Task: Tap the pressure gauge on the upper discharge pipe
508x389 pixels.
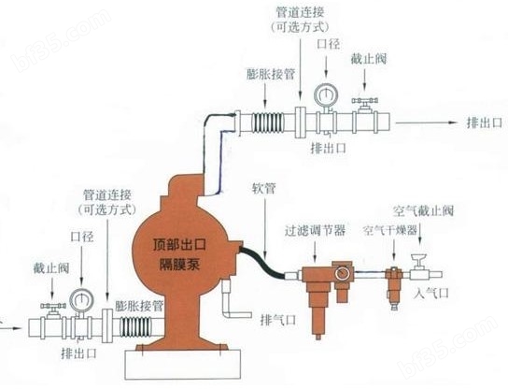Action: click(x=326, y=95)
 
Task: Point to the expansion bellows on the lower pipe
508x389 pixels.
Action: click(x=135, y=327)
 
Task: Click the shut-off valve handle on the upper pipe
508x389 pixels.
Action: click(x=365, y=101)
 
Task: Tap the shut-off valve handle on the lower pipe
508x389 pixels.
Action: click(x=53, y=306)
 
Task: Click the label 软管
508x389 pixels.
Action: click(x=264, y=188)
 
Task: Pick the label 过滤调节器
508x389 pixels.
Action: click(x=315, y=230)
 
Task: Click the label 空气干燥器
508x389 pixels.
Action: click(x=389, y=231)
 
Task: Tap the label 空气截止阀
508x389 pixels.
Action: click(x=423, y=211)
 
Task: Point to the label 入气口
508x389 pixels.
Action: click(x=431, y=294)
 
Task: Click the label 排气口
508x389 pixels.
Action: click(x=278, y=320)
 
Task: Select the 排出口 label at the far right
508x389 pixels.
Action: click(x=485, y=122)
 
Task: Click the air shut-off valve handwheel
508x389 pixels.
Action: click(x=420, y=257)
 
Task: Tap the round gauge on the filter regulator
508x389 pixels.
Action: click(x=341, y=274)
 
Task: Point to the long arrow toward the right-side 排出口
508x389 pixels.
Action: click(x=427, y=122)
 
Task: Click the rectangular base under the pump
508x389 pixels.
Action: click(x=183, y=365)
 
